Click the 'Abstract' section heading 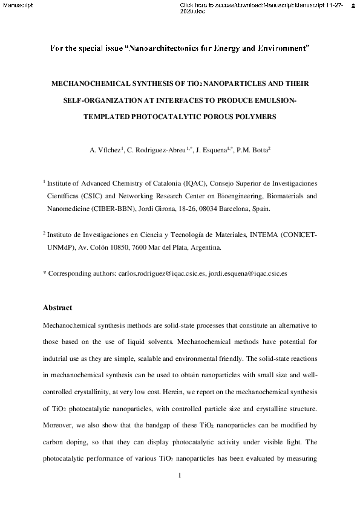coord(57,308)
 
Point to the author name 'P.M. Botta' coord(254,149)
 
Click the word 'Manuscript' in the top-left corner coord(15,5)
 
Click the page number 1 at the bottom coord(180,476)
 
